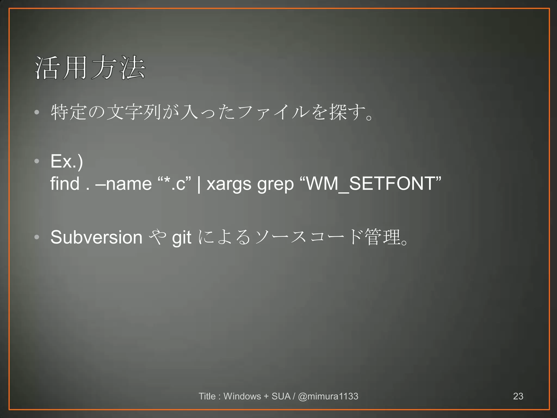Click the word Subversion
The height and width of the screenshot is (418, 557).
coord(96,237)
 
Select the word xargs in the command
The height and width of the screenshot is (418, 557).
coord(229,184)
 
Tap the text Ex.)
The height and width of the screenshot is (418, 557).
coord(67,161)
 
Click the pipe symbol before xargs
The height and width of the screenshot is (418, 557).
coord(199,184)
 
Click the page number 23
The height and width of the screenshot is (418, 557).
coord(518,396)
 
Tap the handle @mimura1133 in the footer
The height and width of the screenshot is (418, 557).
coord(328,396)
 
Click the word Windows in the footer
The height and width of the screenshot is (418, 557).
coord(242,396)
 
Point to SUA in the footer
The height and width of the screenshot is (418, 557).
coord(281,396)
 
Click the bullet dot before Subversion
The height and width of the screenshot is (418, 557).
coord(37,237)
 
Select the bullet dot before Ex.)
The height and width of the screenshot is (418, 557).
coord(37,161)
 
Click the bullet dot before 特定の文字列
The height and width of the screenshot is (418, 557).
coord(37,112)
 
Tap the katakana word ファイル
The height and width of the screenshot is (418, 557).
coord(273,112)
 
